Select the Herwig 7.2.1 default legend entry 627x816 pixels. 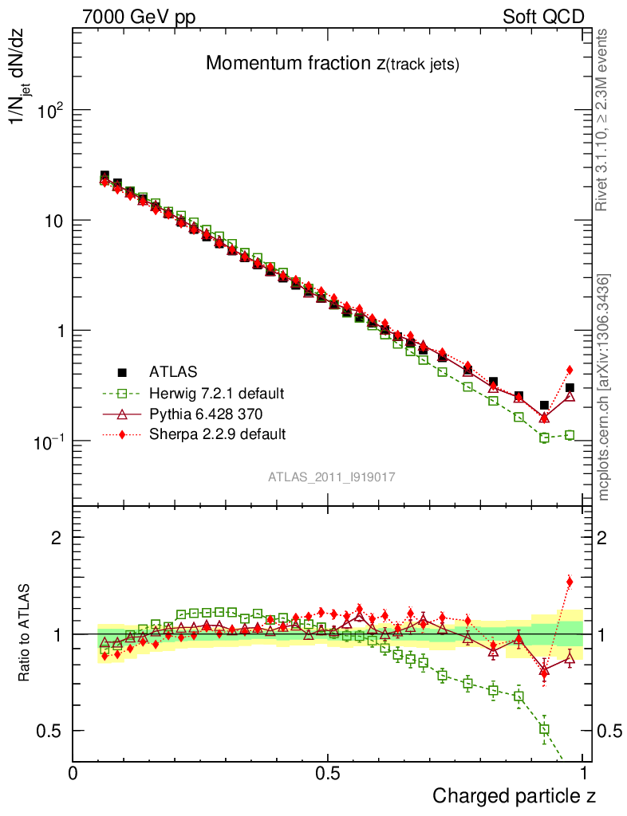click(x=216, y=393)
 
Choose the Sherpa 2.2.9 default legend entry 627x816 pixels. click(x=217, y=434)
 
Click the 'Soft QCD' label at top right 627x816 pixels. click(x=543, y=17)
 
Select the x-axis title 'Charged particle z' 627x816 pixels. click(x=514, y=795)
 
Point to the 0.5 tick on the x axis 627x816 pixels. click(x=328, y=773)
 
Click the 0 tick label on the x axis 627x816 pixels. click(x=73, y=773)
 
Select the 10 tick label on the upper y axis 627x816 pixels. click(x=54, y=221)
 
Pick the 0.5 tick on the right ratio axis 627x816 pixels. click(x=609, y=731)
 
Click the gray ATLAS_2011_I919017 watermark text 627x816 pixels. click(x=332, y=477)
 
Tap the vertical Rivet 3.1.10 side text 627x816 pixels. click(x=603, y=120)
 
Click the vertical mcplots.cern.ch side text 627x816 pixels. click(x=604, y=387)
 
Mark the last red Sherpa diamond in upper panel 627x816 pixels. click(x=570, y=370)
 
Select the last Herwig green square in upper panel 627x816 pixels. click(x=570, y=435)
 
